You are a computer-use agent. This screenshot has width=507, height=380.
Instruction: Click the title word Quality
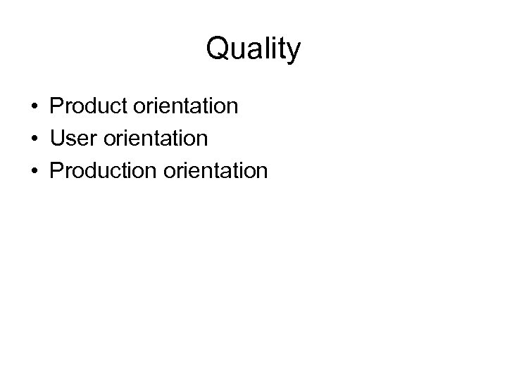[x=254, y=50]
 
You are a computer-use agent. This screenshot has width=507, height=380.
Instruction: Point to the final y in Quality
[x=294, y=52]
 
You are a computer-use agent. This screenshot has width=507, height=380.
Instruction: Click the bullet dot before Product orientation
[x=33, y=108]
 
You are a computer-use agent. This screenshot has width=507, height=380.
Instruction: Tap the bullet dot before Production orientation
[x=33, y=171]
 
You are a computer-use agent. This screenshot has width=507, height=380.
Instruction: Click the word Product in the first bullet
[x=86, y=107]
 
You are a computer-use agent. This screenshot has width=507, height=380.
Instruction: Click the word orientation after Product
[x=183, y=107]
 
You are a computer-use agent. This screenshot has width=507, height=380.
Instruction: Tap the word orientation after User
[x=154, y=139]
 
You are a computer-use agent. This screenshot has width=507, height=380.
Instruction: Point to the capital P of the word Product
[x=56, y=107]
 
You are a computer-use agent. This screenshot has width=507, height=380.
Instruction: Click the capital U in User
[x=57, y=139]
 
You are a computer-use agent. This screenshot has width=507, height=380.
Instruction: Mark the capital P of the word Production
[x=56, y=170]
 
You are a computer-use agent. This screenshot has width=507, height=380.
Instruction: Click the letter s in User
[x=72, y=140]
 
